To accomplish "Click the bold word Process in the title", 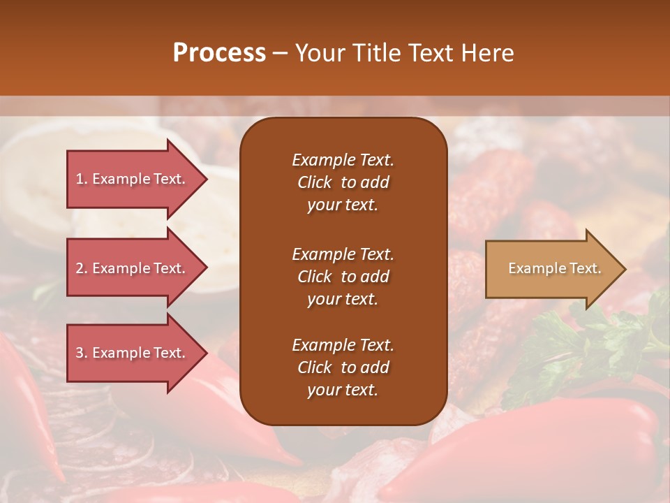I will (219, 53).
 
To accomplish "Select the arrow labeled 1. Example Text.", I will (133, 179).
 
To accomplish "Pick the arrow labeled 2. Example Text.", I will (133, 268).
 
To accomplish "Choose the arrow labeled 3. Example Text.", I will (133, 353).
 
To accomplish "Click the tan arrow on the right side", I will (551, 269).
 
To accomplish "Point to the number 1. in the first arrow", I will (82, 179).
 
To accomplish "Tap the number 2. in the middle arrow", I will (82, 268).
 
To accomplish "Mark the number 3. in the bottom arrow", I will (82, 353).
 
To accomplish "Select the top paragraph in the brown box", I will (343, 182).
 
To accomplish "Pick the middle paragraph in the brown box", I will (343, 277).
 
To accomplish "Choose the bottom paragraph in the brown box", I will (343, 367).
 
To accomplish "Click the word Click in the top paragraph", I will (315, 182).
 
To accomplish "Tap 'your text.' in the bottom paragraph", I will (343, 390).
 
